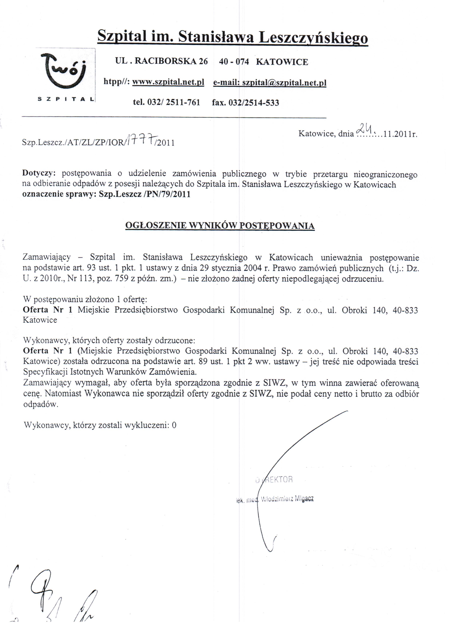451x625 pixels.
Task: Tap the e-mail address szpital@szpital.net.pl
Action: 284,82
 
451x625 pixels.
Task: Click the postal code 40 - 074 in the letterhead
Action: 234,61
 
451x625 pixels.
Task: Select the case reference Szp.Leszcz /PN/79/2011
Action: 144,194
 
